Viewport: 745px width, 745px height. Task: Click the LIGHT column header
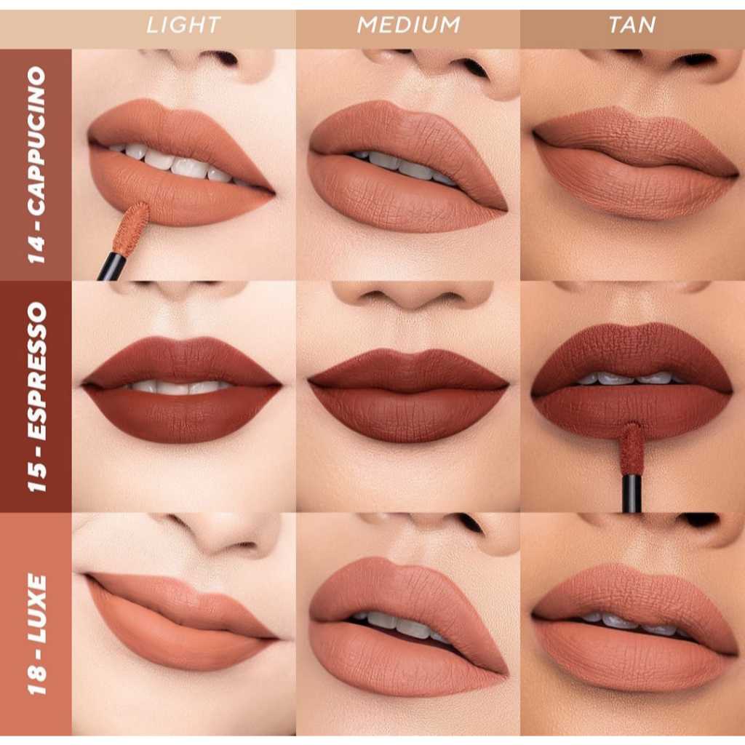[183, 25]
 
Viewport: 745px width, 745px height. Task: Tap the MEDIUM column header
[409, 25]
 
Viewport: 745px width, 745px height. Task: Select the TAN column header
[632, 25]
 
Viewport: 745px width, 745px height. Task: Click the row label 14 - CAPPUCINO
[36, 165]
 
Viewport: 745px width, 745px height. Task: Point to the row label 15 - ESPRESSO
[36, 397]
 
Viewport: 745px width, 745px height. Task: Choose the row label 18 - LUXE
[36, 634]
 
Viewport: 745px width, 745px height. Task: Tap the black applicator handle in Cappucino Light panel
[111, 266]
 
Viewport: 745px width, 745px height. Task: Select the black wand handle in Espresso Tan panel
[632, 494]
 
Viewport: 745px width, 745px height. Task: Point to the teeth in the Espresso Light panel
[180, 387]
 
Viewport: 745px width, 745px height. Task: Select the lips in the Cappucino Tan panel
[635, 163]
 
